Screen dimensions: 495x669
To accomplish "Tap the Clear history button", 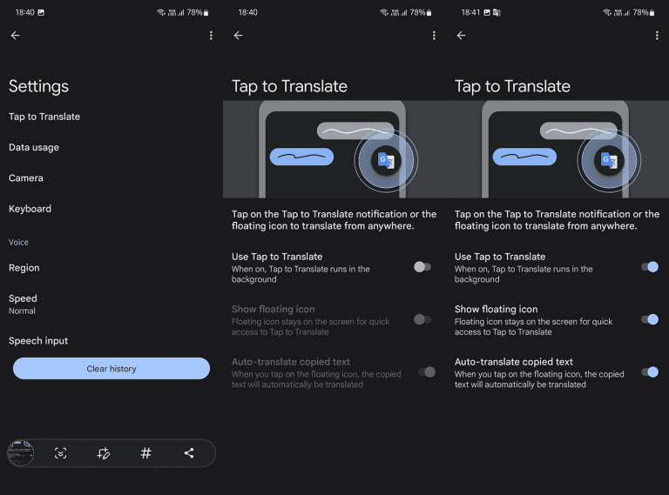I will point(111,369).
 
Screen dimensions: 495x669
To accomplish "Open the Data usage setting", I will point(34,148).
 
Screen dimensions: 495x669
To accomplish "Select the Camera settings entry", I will point(26,178).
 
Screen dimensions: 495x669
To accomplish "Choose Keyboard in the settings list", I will point(30,209).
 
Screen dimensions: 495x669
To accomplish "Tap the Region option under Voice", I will point(24,268).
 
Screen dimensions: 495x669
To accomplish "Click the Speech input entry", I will point(38,341).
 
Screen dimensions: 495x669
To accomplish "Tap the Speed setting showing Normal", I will point(23,304).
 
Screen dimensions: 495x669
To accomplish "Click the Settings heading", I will point(38,86).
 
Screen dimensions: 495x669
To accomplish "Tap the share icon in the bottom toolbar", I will point(189,453).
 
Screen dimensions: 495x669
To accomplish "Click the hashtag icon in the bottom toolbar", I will point(145,453).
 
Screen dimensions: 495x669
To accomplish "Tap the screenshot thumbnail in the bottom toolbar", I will point(20,452).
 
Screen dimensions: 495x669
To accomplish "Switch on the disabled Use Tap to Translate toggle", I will point(422,267).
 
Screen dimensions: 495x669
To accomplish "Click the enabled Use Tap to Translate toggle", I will point(649,267).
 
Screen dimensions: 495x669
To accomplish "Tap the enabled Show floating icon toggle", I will point(649,319).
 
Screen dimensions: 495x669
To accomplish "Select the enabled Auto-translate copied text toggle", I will point(649,371).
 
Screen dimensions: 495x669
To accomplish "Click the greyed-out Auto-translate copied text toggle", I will point(426,371).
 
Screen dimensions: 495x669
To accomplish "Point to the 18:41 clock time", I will point(470,12).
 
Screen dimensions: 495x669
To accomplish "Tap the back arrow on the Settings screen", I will point(15,36).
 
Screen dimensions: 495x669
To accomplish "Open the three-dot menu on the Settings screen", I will point(211,36).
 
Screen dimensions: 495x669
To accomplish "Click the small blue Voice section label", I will point(18,243).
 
